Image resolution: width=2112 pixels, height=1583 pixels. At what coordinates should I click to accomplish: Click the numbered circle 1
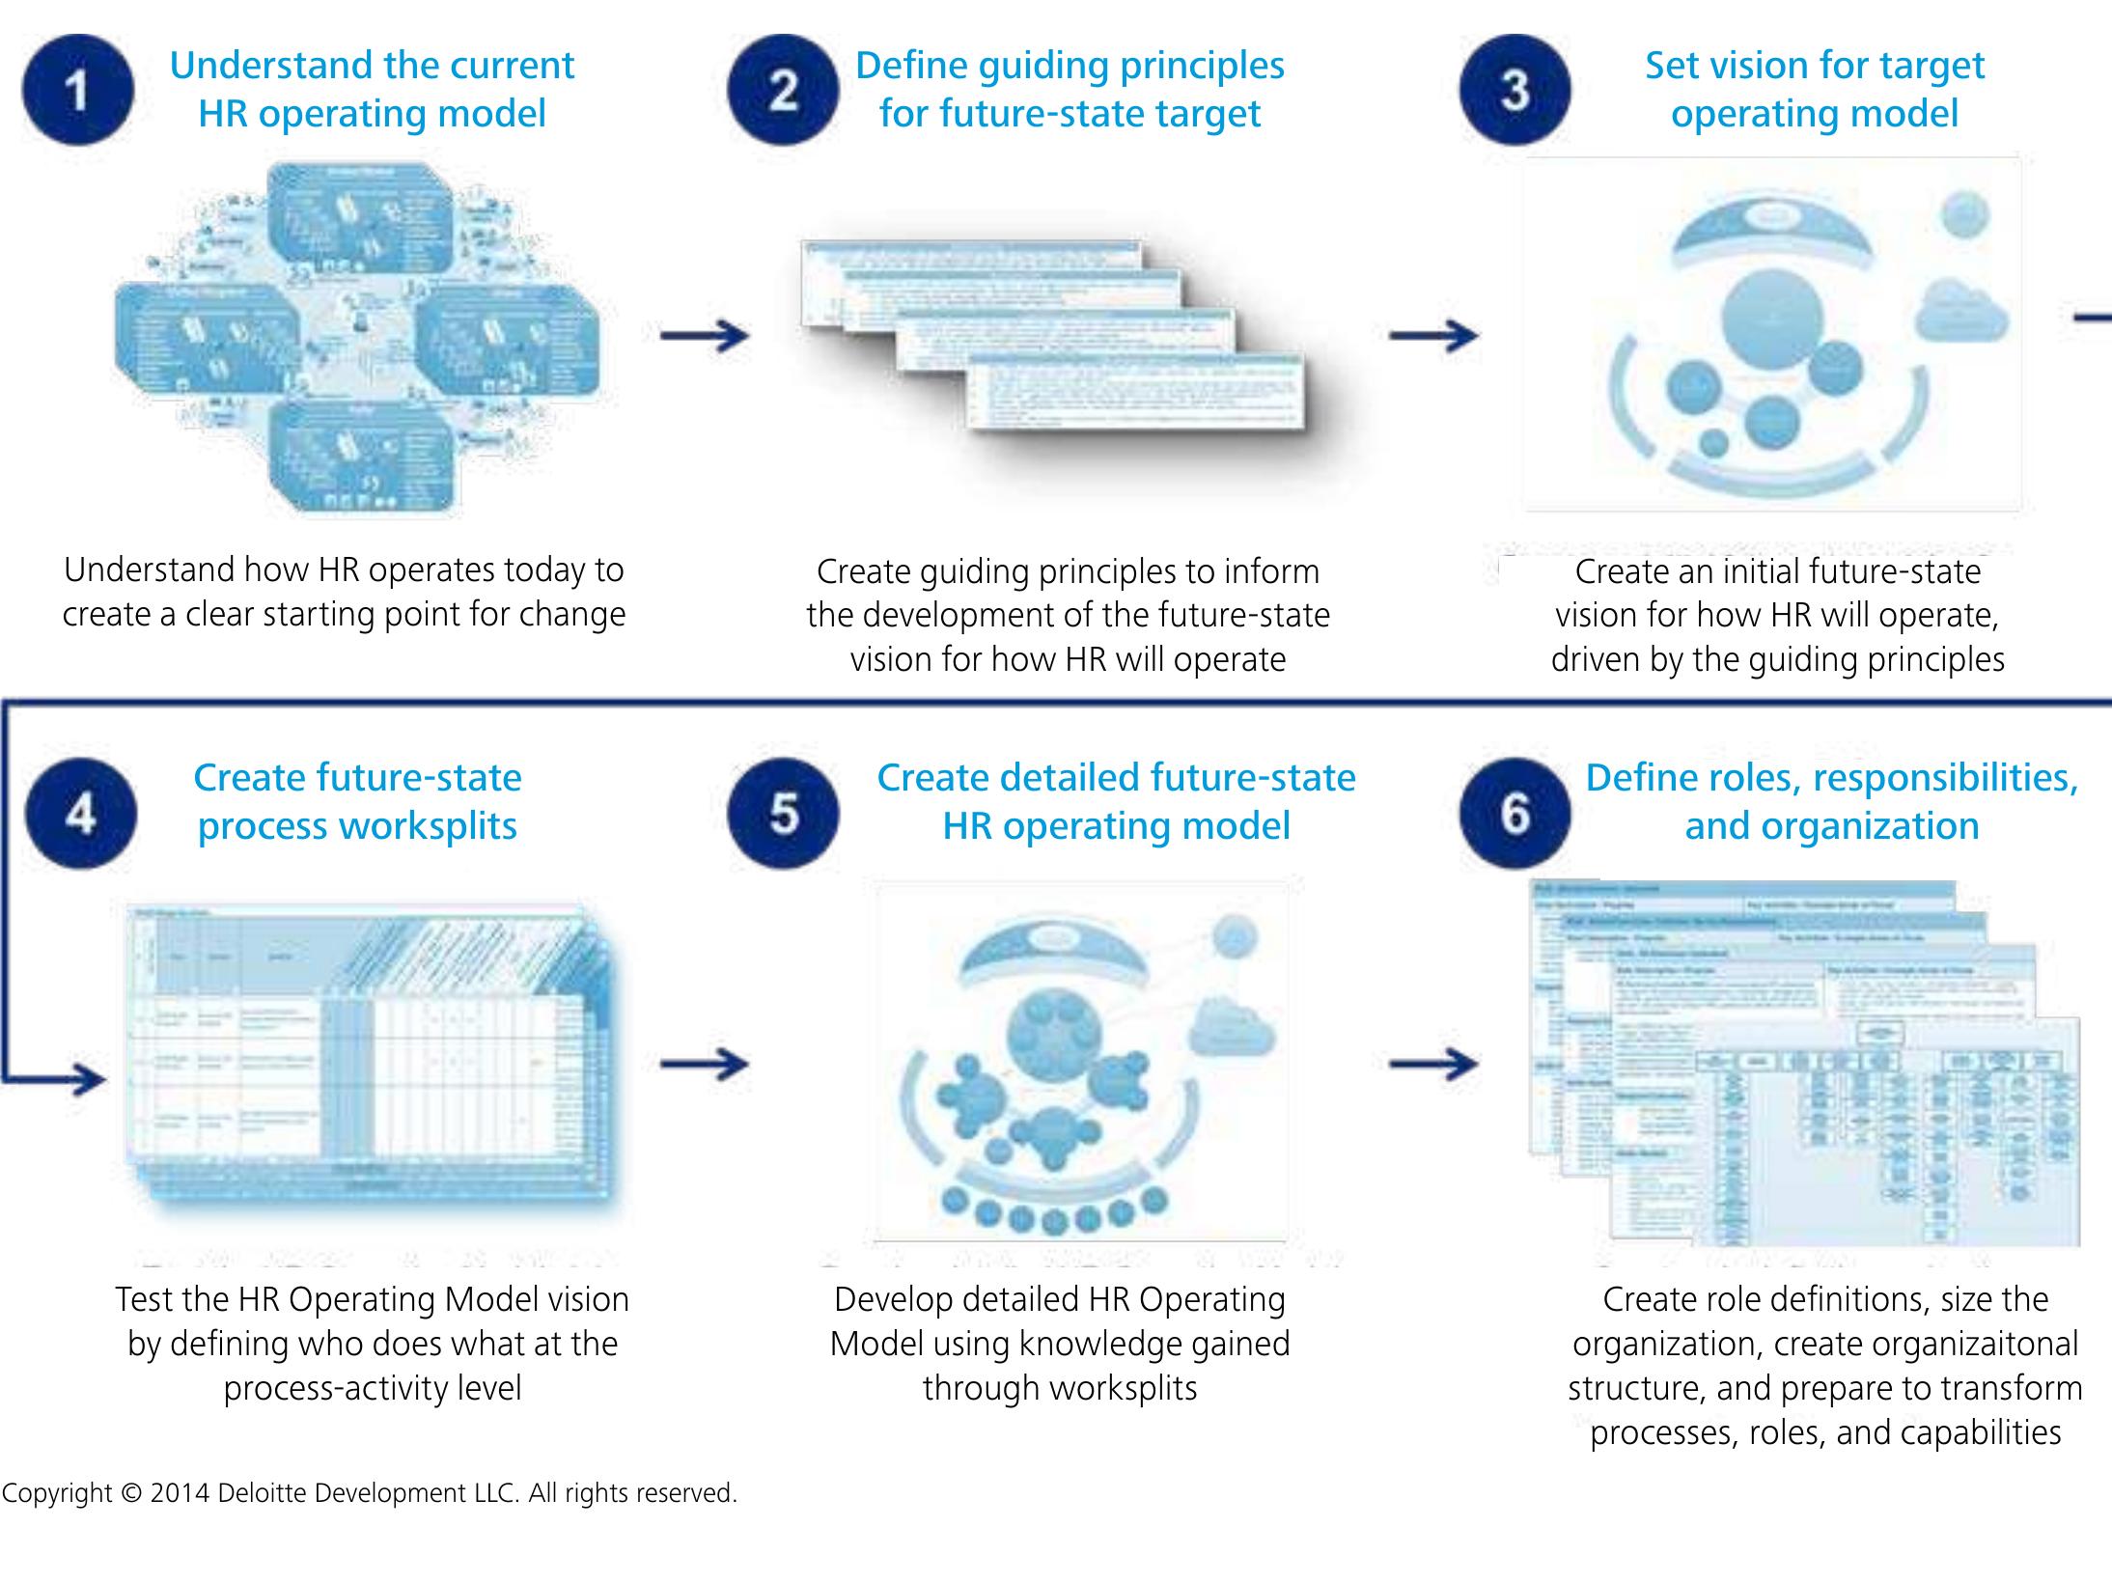pos(78,90)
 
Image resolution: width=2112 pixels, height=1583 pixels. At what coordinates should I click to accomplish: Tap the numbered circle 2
pos(783,90)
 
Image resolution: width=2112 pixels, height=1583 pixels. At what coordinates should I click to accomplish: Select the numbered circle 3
pos(1515,90)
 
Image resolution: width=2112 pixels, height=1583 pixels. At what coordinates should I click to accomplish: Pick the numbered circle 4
pos(80,814)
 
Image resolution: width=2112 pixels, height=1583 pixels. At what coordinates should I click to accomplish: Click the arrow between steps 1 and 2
pos(705,336)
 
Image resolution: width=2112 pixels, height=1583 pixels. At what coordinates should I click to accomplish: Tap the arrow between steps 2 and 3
pos(1433,336)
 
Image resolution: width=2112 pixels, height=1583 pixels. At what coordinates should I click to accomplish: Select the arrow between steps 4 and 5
pos(705,1064)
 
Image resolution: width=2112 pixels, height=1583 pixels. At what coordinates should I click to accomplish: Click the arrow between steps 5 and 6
pos(1433,1064)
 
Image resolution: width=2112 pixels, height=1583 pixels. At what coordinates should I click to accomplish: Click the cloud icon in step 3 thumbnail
pos(1961,309)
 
